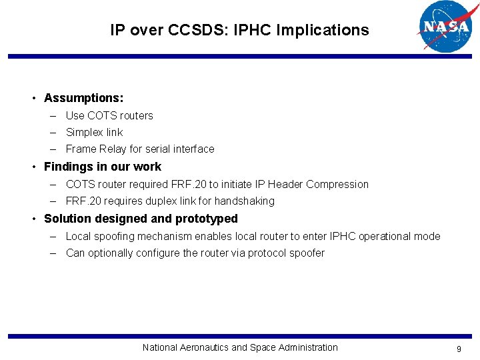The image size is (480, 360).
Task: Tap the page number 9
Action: (459, 349)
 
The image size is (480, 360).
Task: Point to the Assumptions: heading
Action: (83, 98)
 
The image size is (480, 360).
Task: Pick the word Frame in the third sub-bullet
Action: (80, 149)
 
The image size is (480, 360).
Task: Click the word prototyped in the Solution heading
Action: (206, 219)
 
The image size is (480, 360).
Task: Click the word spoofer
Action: (307, 253)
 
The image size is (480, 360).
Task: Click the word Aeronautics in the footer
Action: (203, 347)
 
